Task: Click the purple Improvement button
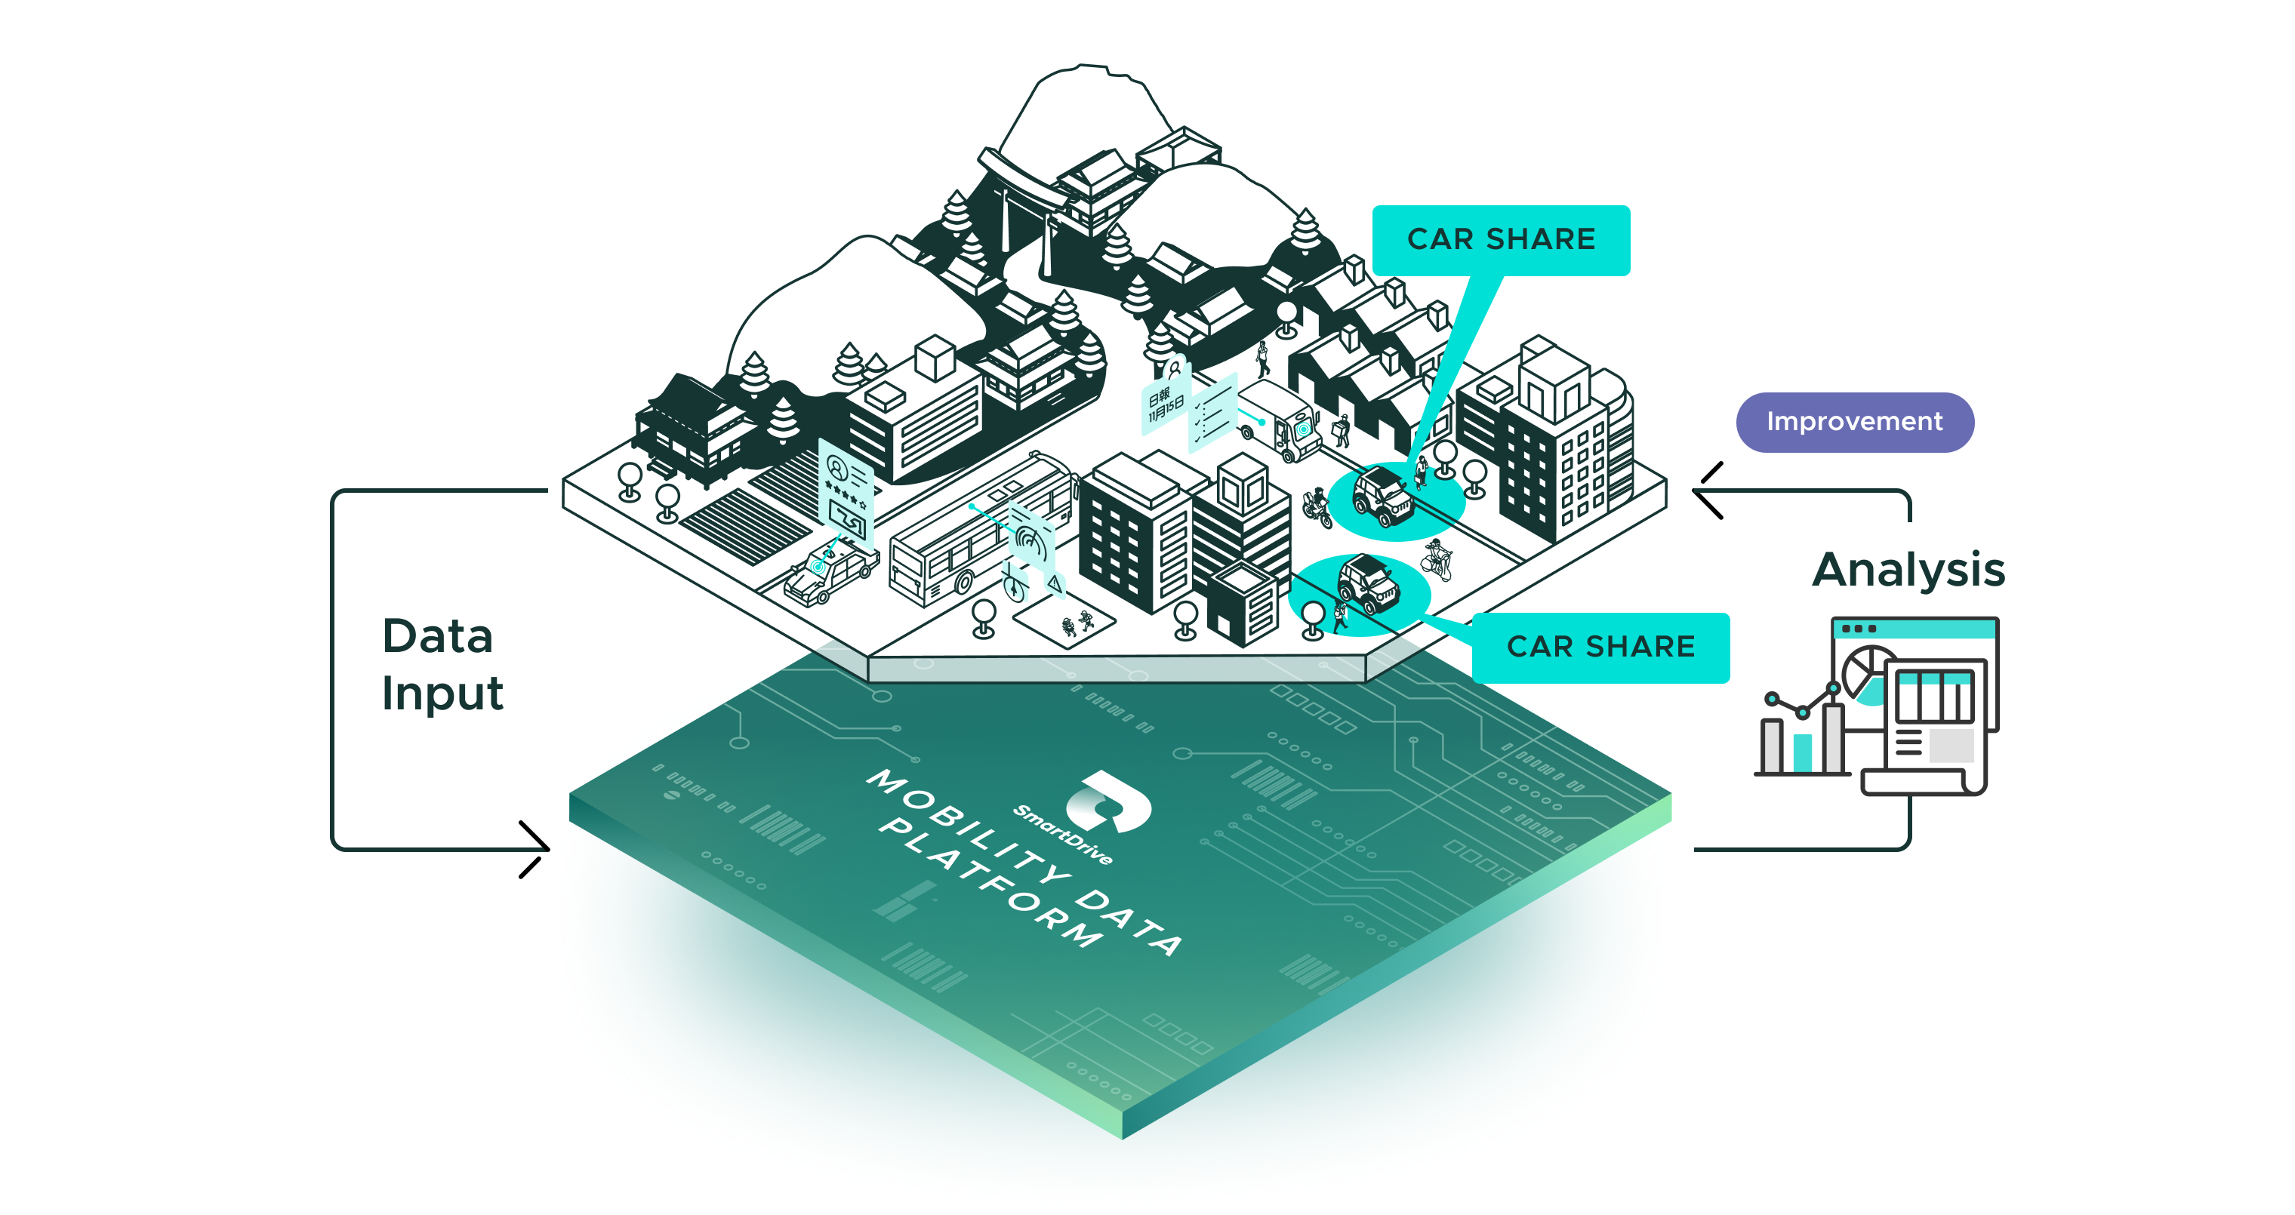(1854, 422)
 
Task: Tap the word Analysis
(1908, 570)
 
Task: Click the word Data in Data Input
(436, 637)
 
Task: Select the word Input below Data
(442, 694)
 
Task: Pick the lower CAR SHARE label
(1600, 647)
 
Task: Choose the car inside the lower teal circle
(1367, 583)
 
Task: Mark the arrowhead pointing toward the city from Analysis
(1706, 490)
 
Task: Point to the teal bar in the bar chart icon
(1802, 752)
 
